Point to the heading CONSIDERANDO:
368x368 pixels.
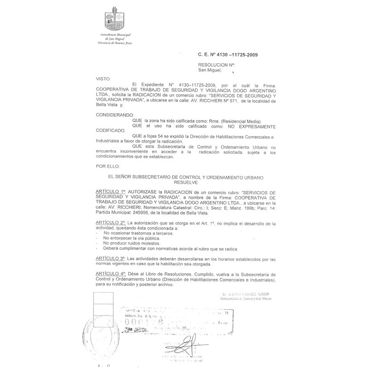tap(114, 114)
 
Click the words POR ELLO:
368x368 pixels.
tap(107, 165)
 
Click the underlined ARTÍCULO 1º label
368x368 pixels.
tap(110, 190)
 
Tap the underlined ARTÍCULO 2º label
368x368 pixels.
tap(110, 223)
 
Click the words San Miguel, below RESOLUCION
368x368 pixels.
tap(210, 70)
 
